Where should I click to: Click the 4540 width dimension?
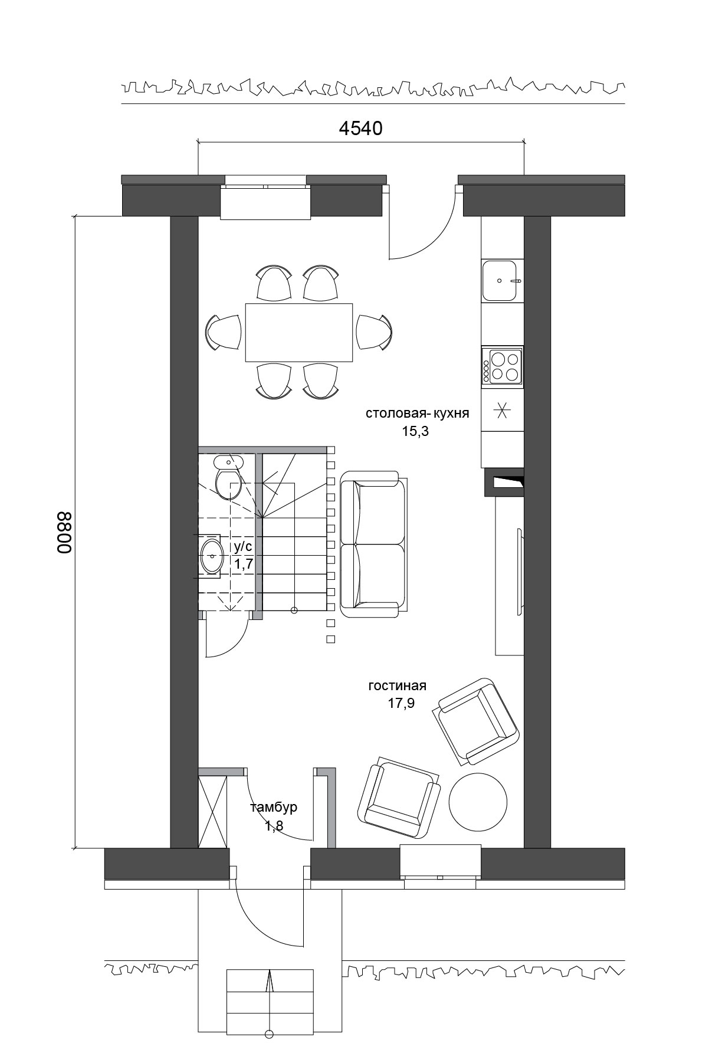tap(360, 128)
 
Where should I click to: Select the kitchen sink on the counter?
tap(503, 281)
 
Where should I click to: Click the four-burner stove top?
tap(502, 366)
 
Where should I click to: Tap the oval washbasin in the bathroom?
tap(211, 556)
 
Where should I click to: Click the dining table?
tap(299, 332)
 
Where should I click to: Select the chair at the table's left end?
tap(224, 332)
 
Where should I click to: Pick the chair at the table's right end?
tap(375, 332)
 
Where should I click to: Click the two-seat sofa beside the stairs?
tap(373, 544)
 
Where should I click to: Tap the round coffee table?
tap(478, 802)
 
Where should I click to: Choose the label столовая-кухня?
tap(417, 414)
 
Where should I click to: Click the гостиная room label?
tap(397, 686)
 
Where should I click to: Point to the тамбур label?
tap(274, 808)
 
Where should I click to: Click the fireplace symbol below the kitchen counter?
tap(504, 482)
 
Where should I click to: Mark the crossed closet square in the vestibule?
tap(212, 812)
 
